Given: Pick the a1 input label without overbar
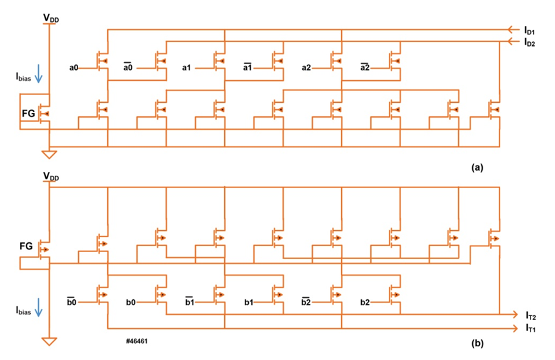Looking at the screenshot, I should (x=187, y=67).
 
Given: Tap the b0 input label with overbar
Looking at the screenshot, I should (x=71, y=302).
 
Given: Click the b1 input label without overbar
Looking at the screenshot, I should (x=248, y=302).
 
